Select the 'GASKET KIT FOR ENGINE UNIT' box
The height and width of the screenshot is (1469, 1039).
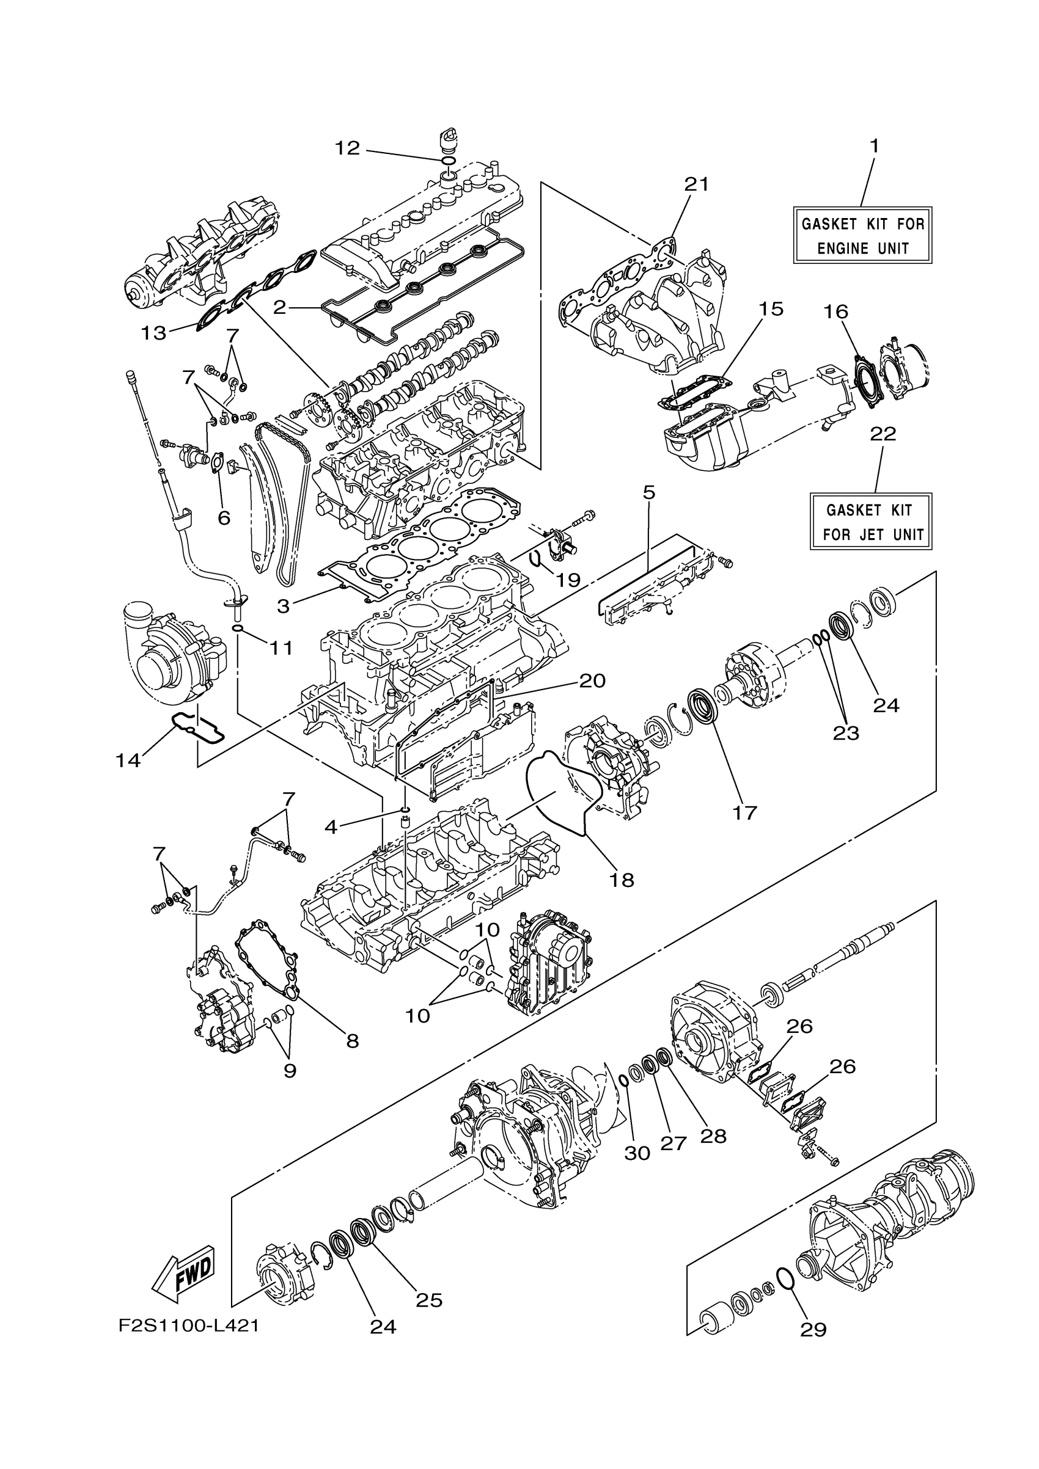coord(862,235)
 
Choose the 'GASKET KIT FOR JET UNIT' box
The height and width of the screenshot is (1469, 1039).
coord(871,522)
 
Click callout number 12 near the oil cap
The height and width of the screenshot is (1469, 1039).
coord(348,148)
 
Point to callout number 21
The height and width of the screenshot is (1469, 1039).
coord(697,184)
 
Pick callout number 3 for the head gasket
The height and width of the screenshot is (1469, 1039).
coord(283,606)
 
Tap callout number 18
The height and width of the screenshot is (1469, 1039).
coord(621,880)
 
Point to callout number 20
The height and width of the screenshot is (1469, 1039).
coord(592,680)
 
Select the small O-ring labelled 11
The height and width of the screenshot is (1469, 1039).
coord(237,629)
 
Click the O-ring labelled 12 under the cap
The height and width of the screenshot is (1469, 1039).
coord(449,159)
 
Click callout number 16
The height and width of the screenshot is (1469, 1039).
coord(836,312)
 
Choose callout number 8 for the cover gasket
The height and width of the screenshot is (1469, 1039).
coord(352,1041)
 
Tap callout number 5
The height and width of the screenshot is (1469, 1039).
coord(648,493)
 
